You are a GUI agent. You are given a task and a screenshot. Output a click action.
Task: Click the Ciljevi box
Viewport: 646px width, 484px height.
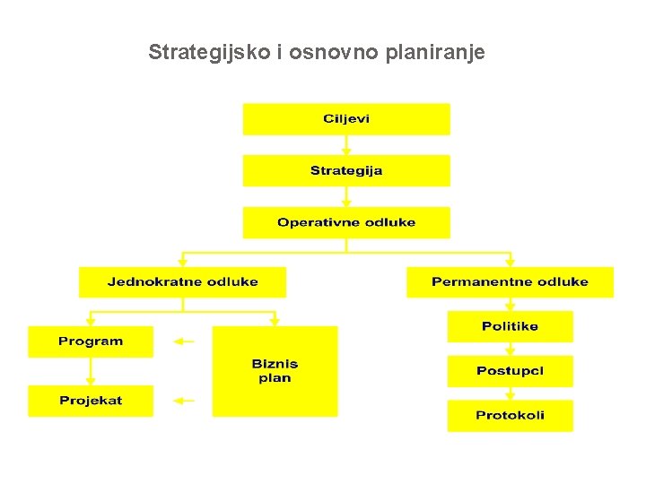[346, 119]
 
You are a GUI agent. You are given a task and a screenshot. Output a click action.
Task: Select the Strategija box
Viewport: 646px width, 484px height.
[346, 170]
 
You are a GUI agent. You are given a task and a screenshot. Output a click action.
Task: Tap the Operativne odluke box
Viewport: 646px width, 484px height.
[346, 222]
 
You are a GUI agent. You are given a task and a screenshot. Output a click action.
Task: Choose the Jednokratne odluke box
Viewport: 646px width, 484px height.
[182, 281]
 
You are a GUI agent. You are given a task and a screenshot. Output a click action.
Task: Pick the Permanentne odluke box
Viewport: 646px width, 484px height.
[510, 281]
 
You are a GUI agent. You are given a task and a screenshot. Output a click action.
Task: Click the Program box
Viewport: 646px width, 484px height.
[91, 341]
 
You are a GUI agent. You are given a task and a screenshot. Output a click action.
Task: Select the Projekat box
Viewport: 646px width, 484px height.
[91, 401]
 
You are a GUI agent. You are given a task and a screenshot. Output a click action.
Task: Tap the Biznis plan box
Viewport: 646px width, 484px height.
[275, 371]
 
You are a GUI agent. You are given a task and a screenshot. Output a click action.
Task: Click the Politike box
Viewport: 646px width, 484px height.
[510, 326]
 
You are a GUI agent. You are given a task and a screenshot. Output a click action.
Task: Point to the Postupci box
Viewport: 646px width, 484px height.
[510, 371]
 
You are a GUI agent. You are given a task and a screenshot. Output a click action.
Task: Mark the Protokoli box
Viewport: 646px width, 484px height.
[510, 416]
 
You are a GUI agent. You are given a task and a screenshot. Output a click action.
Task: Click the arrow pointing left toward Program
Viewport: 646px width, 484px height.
[184, 341]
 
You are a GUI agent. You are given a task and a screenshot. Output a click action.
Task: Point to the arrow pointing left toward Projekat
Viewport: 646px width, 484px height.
[184, 401]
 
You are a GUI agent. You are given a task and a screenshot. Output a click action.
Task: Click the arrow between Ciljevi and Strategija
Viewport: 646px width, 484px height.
[346, 145]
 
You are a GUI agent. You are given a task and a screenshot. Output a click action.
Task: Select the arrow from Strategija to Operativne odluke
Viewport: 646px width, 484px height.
[346, 197]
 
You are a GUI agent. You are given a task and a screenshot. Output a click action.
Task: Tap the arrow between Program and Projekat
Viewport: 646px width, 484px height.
[91, 371]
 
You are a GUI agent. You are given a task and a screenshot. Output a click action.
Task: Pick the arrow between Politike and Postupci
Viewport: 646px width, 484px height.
[510, 349]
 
